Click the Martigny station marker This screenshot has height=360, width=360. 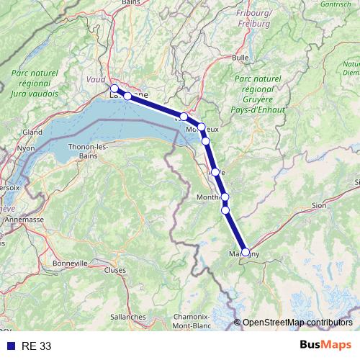[246, 252]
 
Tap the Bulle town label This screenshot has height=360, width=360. [240, 57]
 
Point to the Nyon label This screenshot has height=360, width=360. [26, 148]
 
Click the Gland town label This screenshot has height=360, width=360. [32, 132]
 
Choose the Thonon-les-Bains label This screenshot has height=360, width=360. [88, 150]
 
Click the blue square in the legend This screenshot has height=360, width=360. [10, 346]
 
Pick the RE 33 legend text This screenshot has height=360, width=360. [36, 346]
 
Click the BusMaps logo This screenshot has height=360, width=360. [325, 346]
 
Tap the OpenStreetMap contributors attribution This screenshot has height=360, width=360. [297, 323]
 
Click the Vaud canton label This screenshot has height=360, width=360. [96, 81]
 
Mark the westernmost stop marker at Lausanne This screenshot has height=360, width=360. [114, 89]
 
